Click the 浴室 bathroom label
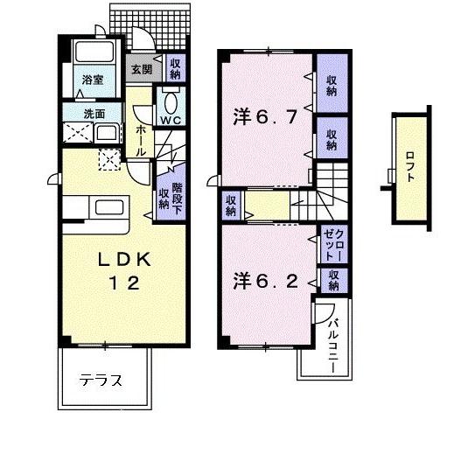tap(93, 80)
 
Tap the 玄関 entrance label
tap(140, 68)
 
